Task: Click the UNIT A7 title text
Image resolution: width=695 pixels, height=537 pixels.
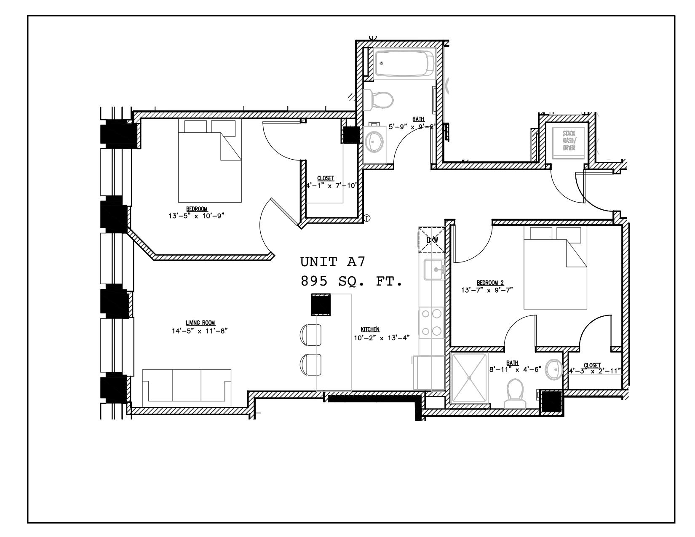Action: click(333, 262)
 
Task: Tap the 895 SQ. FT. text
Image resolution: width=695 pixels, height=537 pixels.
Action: click(351, 281)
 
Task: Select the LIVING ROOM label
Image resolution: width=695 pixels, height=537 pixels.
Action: click(200, 323)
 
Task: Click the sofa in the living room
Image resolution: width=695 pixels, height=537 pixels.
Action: click(187, 386)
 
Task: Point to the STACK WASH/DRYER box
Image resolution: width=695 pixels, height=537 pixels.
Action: click(568, 142)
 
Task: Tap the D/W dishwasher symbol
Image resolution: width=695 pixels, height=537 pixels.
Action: click(432, 240)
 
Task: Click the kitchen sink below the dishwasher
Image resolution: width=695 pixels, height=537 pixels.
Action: click(433, 270)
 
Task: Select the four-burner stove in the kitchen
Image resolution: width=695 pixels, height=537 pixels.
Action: click(432, 322)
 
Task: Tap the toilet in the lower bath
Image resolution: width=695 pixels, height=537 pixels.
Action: click(516, 394)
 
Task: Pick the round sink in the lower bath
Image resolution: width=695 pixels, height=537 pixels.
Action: click(553, 370)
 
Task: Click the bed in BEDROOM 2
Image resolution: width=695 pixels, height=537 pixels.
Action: click(555, 268)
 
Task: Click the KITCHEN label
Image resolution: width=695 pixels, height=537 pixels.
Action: click(370, 329)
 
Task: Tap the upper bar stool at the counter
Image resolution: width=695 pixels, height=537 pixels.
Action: click(311, 334)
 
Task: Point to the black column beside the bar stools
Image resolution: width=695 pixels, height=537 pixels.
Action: click(321, 305)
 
